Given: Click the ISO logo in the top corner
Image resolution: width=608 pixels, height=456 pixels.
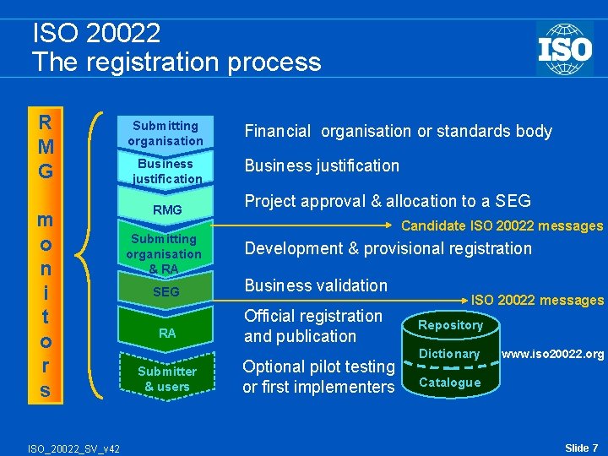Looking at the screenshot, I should tap(564, 48).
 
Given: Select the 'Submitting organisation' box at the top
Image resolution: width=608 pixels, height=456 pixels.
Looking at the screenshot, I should tap(166, 133).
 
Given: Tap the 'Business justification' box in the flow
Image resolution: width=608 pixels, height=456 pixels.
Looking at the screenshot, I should tap(166, 171).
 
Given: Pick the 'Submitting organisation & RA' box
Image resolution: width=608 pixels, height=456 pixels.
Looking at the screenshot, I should tap(165, 253).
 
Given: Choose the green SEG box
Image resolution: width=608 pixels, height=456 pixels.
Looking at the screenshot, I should tap(166, 291).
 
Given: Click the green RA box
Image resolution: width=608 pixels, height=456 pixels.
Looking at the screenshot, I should tap(167, 333).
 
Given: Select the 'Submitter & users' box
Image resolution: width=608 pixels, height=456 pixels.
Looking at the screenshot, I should tap(167, 378).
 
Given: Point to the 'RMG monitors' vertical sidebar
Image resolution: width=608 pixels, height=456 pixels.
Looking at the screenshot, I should tap(45, 254).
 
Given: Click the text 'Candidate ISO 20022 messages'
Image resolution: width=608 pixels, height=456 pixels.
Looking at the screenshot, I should tap(502, 225).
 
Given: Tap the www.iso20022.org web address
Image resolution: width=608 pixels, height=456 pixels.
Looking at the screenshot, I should tap(552, 354).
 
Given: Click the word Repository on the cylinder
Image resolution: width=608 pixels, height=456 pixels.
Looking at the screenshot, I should tap(451, 325).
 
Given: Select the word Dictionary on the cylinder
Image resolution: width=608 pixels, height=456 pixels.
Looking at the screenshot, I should tap(449, 354).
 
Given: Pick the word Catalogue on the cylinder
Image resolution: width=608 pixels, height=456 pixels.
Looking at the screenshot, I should tap(449, 383).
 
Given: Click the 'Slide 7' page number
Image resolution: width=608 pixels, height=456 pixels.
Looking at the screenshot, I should tap(581, 447).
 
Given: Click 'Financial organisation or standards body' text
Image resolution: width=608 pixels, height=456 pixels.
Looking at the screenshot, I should tap(398, 131).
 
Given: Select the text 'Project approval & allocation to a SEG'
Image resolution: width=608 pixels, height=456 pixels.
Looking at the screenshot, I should tap(388, 201).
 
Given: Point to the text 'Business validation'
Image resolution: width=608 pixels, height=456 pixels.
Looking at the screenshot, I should tap(316, 285).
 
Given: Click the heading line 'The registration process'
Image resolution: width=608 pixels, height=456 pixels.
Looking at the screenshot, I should tap(176, 62).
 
